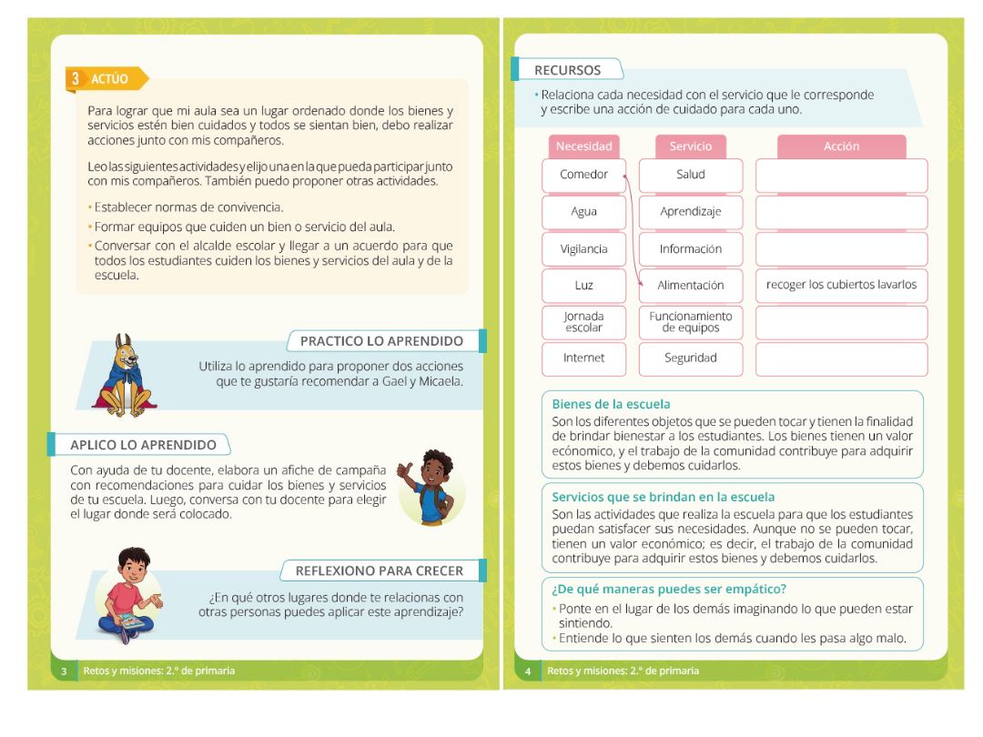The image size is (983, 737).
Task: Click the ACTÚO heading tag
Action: [x=107, y=79]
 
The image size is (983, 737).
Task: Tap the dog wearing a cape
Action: [x=127, y=374]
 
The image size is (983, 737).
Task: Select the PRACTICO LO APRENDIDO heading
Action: [x=381, y=341]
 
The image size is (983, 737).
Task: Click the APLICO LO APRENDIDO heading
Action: [x=143, y=445]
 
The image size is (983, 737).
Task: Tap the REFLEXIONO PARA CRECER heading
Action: [x=379, y=570]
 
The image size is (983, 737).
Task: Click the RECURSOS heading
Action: [x=567, y=70]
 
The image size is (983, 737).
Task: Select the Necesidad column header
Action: [x=583, y=146]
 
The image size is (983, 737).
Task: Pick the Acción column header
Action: [x=841, y=146]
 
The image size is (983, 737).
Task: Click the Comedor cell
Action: [x=583, y=175]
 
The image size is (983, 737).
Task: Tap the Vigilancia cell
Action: [x=583, y=248]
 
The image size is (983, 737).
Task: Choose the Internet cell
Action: [x=583, y=358]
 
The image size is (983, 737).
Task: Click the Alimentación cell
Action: [x=691, y=286]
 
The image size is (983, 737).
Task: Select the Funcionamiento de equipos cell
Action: [x=691, y=322]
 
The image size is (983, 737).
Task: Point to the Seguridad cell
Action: [x=691, y=358]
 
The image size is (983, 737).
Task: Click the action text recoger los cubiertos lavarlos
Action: [x=841, y=285]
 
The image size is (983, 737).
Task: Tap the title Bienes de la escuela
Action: [x=611, y=404]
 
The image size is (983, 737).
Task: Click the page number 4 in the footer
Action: [x=528, y=671]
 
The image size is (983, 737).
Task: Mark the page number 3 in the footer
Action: [x=64, y=671]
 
